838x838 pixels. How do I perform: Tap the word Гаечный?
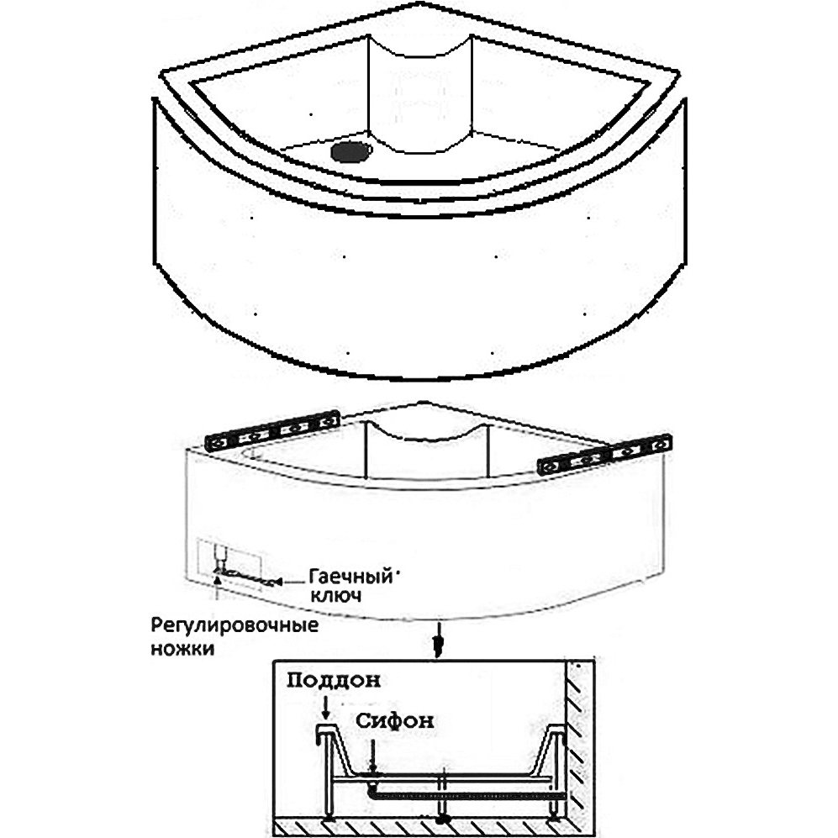(x=351, y=577)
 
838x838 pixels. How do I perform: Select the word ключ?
(x=335, y=595)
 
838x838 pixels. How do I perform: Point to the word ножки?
(x=182, y=648)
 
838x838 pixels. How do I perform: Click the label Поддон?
(x=334, y=681)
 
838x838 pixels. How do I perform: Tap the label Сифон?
(x=395, y=721)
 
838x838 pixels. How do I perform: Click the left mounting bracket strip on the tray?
(x=273, y=431)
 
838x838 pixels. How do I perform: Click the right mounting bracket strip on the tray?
(x=605, y=456)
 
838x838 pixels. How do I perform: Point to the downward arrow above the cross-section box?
(x=438, y=640)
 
